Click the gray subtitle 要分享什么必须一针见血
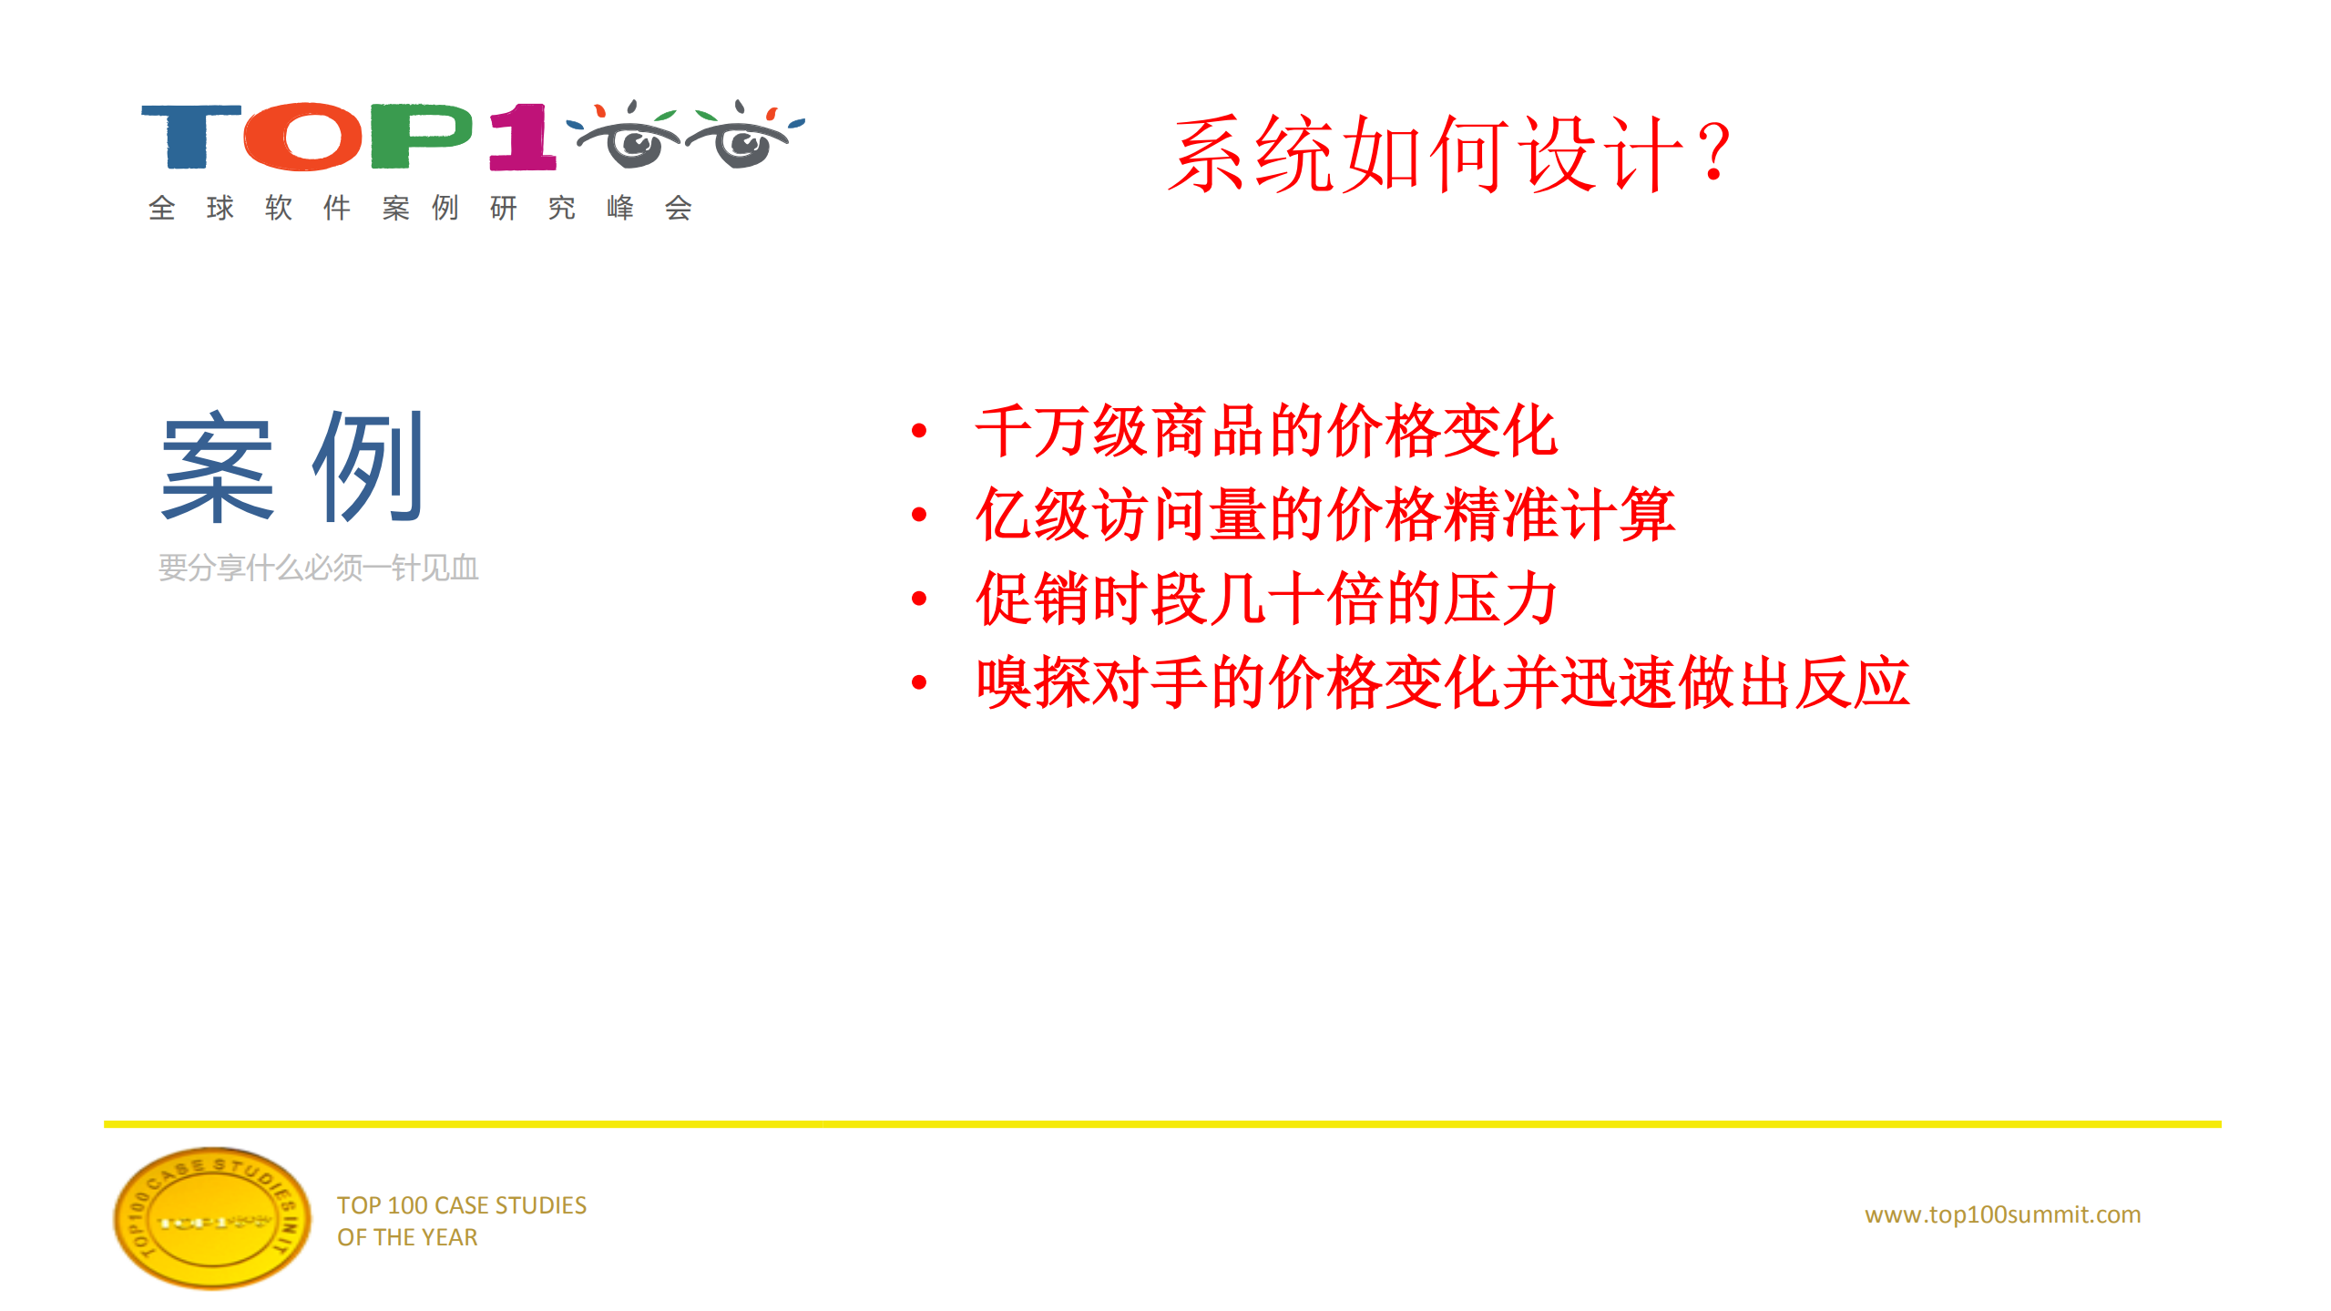tap(319, 568)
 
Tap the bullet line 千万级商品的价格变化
tap(1266, 431)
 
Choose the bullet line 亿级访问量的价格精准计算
tap(1324, 515)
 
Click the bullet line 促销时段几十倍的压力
tap(1266, 599)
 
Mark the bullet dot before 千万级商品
tap(919, 431)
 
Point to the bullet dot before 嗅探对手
tap(919, 682)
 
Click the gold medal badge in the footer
tap(211, 1218)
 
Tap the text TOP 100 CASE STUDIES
tap(462, 1205)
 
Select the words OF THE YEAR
tap(407, 1237)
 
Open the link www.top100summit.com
tap(2002, 1214)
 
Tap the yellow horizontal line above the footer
tap(1162, 1124)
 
